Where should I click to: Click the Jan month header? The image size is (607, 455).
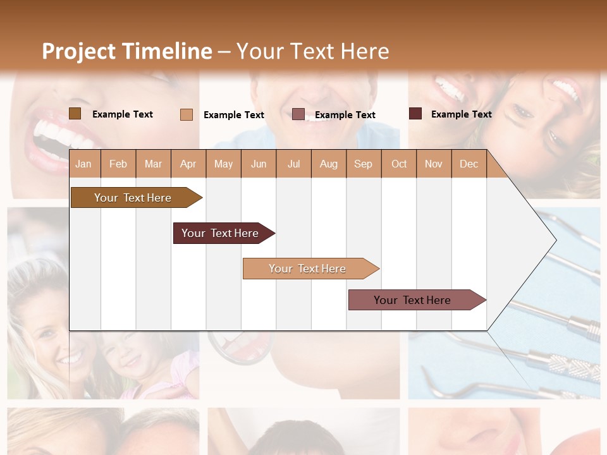[x=83, y=164]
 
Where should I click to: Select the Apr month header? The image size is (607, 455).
[x=188, y=164]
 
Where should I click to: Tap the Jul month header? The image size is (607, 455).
[x=293, y=164]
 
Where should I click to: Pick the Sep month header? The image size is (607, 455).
[x=363, y=164]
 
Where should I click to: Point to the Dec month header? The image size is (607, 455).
[x=469, y=164]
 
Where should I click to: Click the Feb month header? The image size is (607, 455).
[x=118, y=164]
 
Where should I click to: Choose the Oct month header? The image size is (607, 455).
[x=399, y=164]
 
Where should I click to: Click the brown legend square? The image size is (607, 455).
[x=75, y=114]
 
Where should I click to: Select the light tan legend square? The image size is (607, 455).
[x=187, y=114]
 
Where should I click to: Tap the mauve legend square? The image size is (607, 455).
[x=298, y=114]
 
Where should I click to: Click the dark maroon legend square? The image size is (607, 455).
[x=415, y=114]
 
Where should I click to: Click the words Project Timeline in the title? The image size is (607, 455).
[x=126, y=51]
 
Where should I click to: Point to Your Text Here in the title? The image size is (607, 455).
[x=313, y=51]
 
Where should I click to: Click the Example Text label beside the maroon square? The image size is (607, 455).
[x=461, y=114]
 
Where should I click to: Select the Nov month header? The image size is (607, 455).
[x=434, y=164]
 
